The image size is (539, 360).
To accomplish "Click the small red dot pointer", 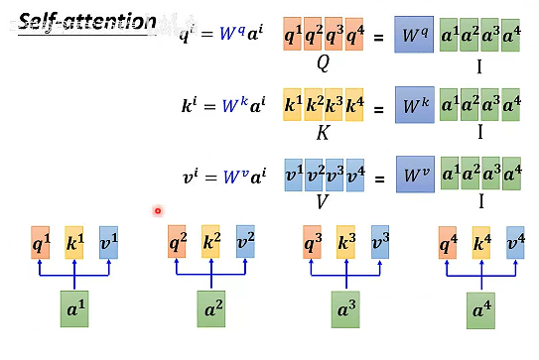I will coord(158,210).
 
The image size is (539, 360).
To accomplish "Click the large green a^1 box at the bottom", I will coord(74,308).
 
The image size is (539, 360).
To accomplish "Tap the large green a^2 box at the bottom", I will coord(211,308).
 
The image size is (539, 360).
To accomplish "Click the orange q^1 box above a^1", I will coord(40,242).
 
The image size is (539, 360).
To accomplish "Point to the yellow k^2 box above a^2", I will coord(210,241).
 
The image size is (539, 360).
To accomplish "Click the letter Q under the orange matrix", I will coord(324,61).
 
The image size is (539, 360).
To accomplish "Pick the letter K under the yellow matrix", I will coord(324,132).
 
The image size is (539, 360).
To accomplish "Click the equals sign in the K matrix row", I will coord(379,106).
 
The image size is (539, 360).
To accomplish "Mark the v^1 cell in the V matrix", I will coord(294,177).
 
